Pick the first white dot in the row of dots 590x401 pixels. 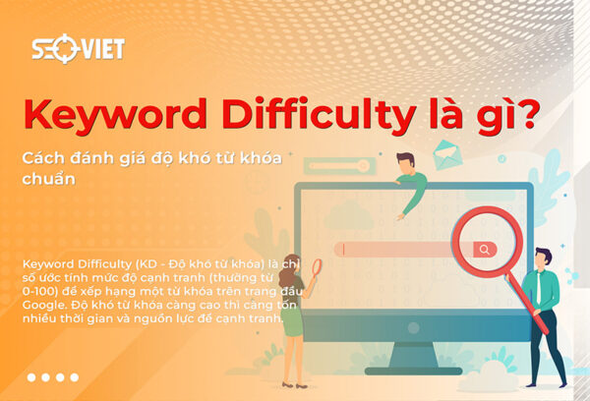point(31,376)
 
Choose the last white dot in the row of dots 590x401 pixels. point(73,376)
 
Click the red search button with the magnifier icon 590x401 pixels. point(483,250)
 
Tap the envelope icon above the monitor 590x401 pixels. point(446,153)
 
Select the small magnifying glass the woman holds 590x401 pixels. point(317,266)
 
